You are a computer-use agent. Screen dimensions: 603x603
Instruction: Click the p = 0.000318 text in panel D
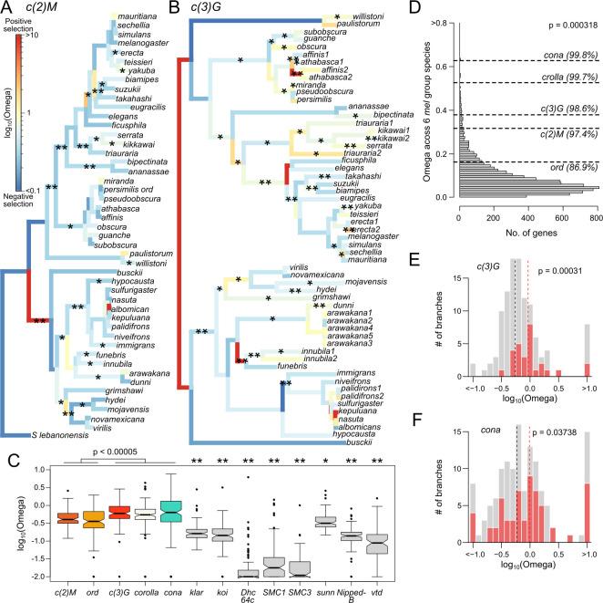[558, 20]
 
